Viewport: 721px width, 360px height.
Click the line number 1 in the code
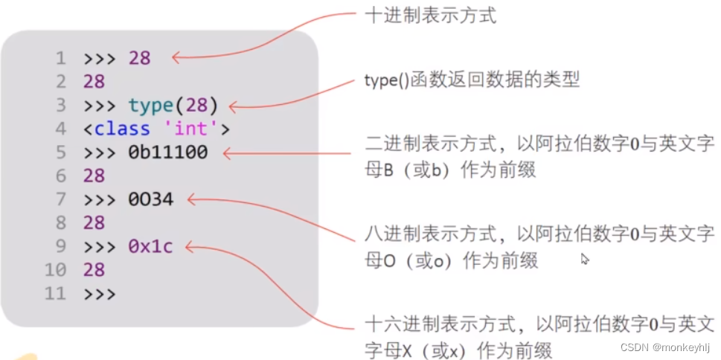(x=60, y=58)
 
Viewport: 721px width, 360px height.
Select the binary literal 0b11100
(x=167, y=152)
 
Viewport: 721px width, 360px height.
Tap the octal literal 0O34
(x=150, y=199)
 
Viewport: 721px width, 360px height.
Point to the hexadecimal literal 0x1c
(x=150, y=246)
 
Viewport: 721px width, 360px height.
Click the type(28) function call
(x=173, y=106)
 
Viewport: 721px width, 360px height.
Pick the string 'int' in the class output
(x=190, y=129)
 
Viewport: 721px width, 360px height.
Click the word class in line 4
(x=122, y=129)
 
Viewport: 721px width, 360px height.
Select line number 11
(x=55, y=294)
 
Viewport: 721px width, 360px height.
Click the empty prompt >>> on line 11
(x=99, y=294)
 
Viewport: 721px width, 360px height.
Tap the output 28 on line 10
(x=94, y=269)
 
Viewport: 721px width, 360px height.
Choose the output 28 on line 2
(x=94, y=82)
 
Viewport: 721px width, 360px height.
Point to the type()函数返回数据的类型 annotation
(x=472, y=80)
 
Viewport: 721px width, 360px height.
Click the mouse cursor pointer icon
(x=585, y=259)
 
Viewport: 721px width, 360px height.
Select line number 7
(x=60, y=199)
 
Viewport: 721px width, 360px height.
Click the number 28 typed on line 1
(x=139, y=58)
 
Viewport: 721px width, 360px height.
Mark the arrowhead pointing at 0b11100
(x=228, y=153)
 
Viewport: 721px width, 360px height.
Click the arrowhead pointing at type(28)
(x=233, y=107)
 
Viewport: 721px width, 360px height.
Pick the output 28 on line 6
(x=94, y=176)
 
